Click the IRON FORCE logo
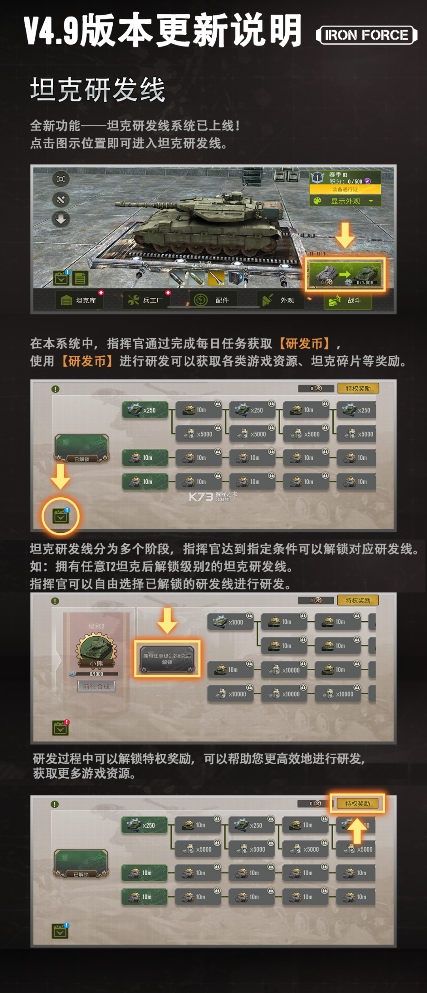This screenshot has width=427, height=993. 366,35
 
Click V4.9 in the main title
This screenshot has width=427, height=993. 51,31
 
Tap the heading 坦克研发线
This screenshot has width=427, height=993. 98,90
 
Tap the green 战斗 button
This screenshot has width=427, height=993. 348,301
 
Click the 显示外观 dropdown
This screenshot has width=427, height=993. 345,201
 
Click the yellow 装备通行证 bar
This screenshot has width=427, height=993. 345,190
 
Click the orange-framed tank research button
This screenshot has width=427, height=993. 345,275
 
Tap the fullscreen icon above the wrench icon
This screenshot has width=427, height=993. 61,179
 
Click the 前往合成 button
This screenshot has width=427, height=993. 96,686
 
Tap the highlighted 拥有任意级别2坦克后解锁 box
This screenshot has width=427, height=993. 167,659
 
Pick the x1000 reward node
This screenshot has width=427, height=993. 231,622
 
